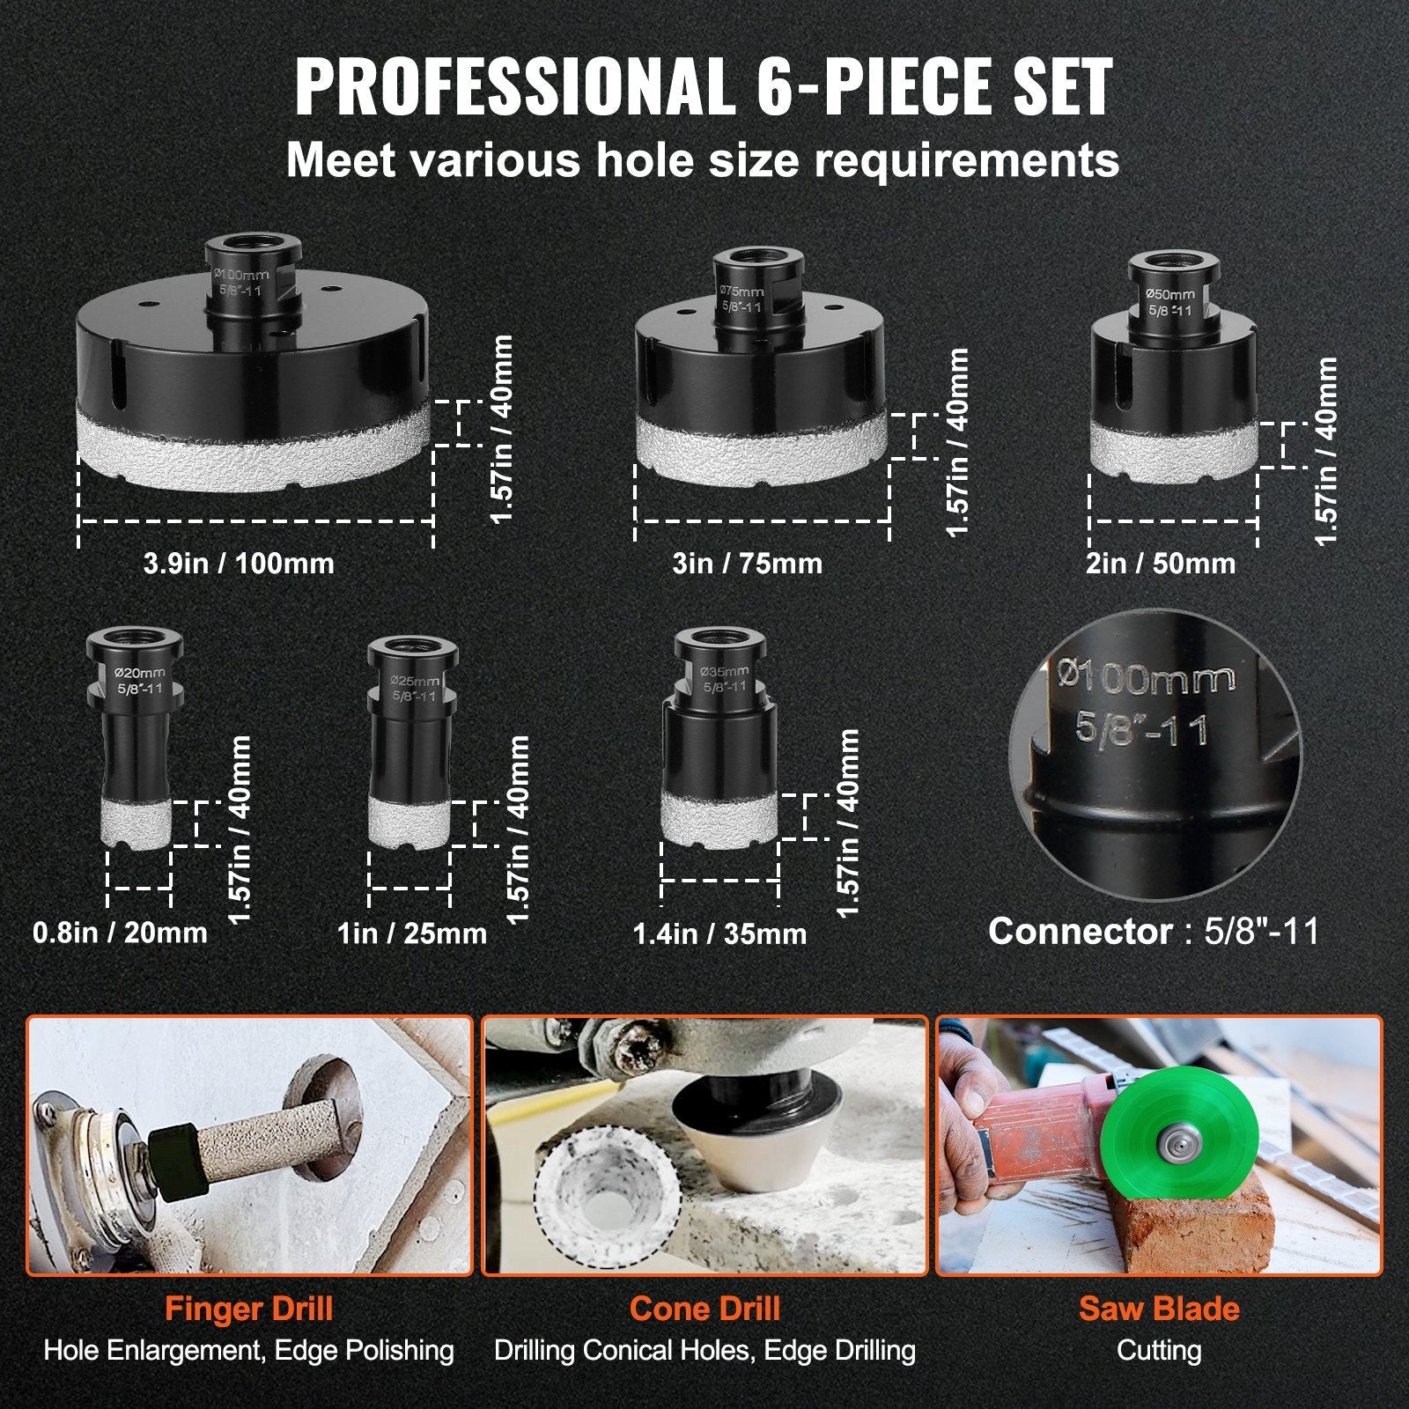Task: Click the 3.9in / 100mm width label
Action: pos(239,563)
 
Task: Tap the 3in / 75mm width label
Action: pos(747,563)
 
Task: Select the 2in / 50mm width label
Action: pos(1160,563)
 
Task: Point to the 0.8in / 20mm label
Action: pos(120,932)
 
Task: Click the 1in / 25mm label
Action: pos(411,933)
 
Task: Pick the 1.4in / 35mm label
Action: pos(719,933)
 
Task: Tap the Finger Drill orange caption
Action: pos(248,1309)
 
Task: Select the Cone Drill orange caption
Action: pos(704,1309)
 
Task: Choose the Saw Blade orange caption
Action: pos(1159,1309)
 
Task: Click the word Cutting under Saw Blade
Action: pos(1159,1350)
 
